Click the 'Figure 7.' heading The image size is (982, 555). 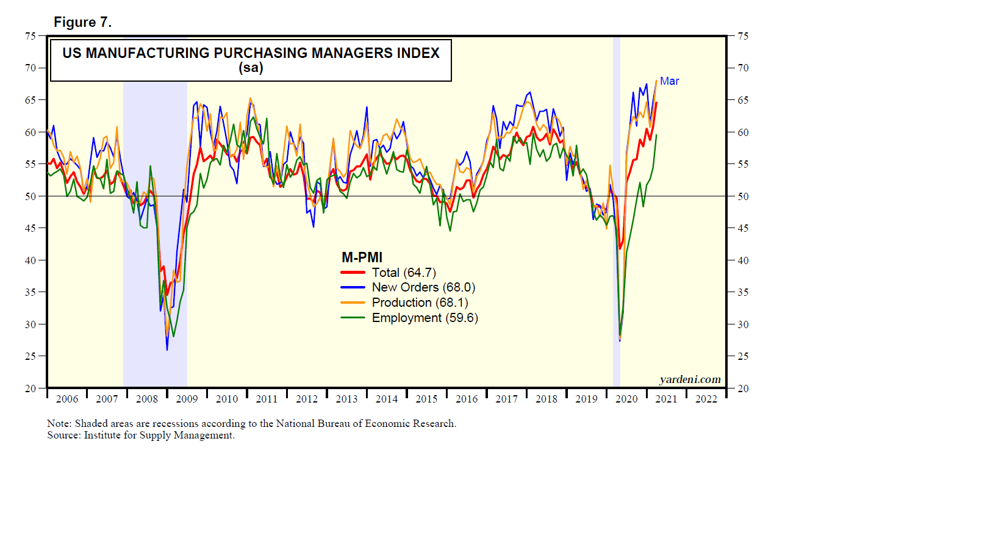82,23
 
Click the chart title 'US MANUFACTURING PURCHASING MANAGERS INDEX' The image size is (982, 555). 251,53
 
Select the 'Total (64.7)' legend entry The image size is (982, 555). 404,273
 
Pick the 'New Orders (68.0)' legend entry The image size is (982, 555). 423,287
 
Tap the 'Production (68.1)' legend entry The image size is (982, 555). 420,303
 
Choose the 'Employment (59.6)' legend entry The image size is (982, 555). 425,318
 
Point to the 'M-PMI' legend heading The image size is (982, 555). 362,257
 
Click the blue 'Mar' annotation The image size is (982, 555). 669,81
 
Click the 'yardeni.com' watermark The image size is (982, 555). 690,379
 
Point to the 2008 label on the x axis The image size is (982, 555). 147,399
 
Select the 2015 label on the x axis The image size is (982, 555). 426,399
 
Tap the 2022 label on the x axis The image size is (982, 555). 706,399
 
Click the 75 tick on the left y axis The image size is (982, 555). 30,36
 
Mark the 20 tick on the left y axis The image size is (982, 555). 30,389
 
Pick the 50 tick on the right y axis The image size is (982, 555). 743,196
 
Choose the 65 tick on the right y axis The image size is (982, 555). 743,100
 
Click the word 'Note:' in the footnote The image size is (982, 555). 59,423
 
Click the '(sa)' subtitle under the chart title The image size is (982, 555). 251,68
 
